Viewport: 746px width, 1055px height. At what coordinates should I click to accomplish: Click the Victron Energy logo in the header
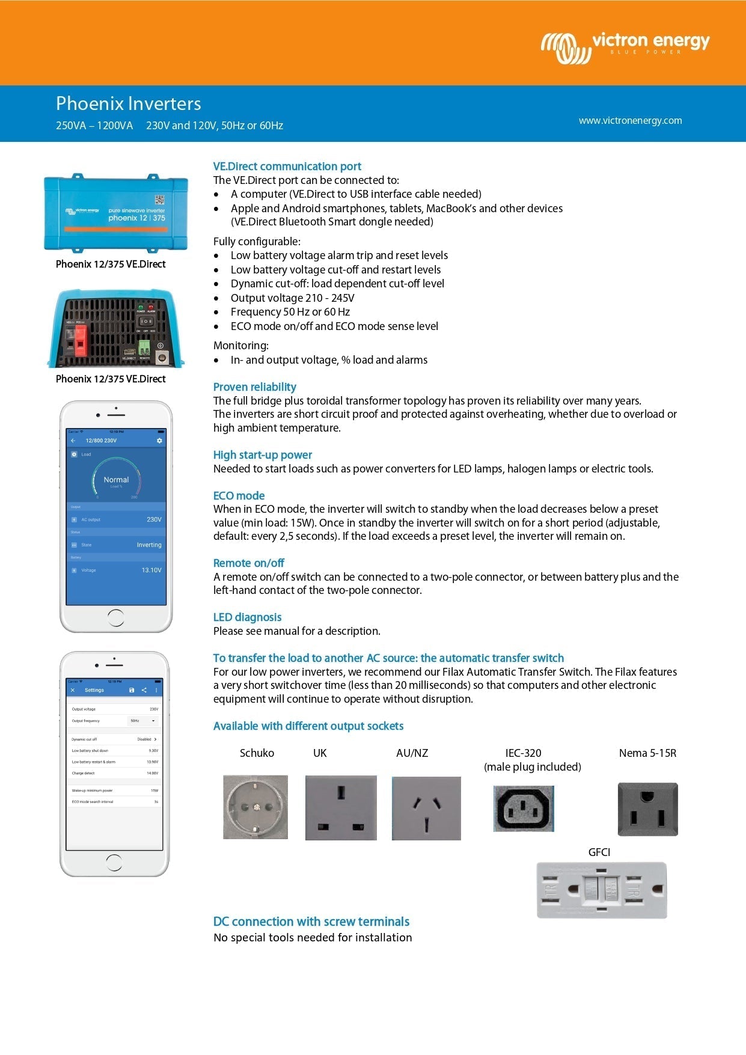point(625,46)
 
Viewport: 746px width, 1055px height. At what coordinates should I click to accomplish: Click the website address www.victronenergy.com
point(630,120)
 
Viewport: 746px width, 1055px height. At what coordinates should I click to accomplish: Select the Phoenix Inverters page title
point(128,103)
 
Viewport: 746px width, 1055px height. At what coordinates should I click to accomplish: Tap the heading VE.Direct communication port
point(287,167)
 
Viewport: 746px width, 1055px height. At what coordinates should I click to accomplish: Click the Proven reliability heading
point(254,387)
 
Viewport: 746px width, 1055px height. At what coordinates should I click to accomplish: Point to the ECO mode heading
point(239,495)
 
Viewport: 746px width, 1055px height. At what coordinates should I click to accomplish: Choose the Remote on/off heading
point(248,563)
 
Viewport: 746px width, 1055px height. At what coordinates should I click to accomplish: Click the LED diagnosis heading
point(247,617)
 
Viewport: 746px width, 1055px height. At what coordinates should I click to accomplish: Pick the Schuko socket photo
point(255,807)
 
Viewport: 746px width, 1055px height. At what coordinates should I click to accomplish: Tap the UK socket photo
point(341,807)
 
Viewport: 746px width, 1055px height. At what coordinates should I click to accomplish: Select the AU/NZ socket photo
point(426,808)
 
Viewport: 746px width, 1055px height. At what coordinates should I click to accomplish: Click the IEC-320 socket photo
point(524,809)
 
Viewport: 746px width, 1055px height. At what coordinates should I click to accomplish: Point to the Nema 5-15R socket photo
point(647,809)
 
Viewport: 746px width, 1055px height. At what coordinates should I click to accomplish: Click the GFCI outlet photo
point(602,890)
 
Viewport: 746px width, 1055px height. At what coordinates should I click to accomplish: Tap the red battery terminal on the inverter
point(79,341)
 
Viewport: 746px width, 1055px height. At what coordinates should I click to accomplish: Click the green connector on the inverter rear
point(144,347)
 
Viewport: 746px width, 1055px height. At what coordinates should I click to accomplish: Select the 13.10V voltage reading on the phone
point(151,570)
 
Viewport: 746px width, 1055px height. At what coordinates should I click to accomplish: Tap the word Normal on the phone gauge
point(116,480)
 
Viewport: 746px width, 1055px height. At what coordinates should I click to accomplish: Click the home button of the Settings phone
point(114,863)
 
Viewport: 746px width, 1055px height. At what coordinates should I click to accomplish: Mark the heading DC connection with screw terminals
point(311,922)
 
